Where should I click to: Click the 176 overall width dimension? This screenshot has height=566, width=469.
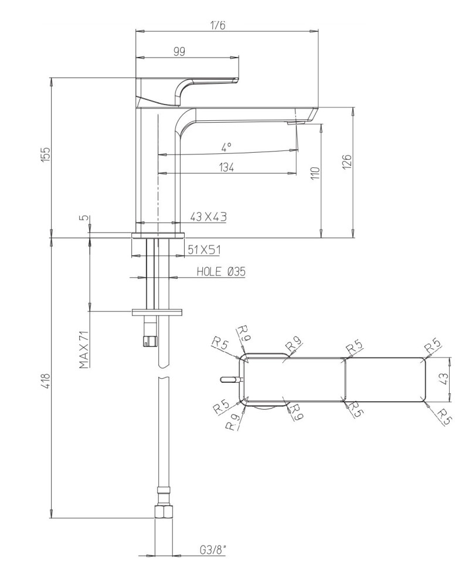tap(218, 25)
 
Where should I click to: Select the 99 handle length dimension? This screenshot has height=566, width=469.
tap(179, 52)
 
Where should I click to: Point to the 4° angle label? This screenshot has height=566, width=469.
tap(226, 146)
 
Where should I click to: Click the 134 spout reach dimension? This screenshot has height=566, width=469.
tap(226, 168)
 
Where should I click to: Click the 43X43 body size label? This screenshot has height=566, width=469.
tap(208, 217)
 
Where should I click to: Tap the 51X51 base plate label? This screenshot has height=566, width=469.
tap(203, 250)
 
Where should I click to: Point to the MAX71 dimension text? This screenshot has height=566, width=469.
tap(84, 349)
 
